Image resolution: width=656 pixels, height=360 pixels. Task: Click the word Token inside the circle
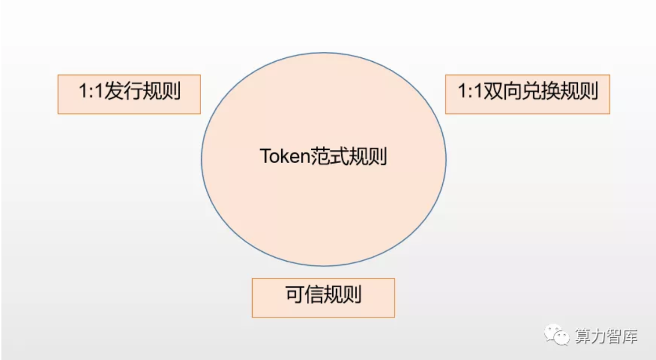(285, 156)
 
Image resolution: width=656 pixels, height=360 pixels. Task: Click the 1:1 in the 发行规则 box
(91, 90)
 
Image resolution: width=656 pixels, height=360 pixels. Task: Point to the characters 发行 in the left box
(123, 90)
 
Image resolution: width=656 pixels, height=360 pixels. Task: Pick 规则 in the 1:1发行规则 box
(161, 90)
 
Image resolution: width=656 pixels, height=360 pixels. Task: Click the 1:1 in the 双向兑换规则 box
(470, 90)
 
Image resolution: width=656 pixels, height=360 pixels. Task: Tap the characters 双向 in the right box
(502, 90)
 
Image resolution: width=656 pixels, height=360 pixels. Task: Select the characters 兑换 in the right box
(540, 90)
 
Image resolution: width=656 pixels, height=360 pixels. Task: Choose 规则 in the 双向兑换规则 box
(579, 90)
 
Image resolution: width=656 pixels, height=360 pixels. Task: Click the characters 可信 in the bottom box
(304, 294)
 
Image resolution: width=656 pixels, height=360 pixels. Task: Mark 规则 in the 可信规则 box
(343, 294)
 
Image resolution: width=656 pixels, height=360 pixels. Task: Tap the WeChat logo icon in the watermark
(556, 335)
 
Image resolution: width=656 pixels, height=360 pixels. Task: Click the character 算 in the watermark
(583, 336)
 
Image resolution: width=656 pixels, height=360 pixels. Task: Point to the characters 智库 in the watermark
(622, 336)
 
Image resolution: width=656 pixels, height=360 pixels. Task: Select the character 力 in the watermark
(598, 336)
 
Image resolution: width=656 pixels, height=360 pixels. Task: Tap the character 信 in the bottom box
(314, 294)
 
